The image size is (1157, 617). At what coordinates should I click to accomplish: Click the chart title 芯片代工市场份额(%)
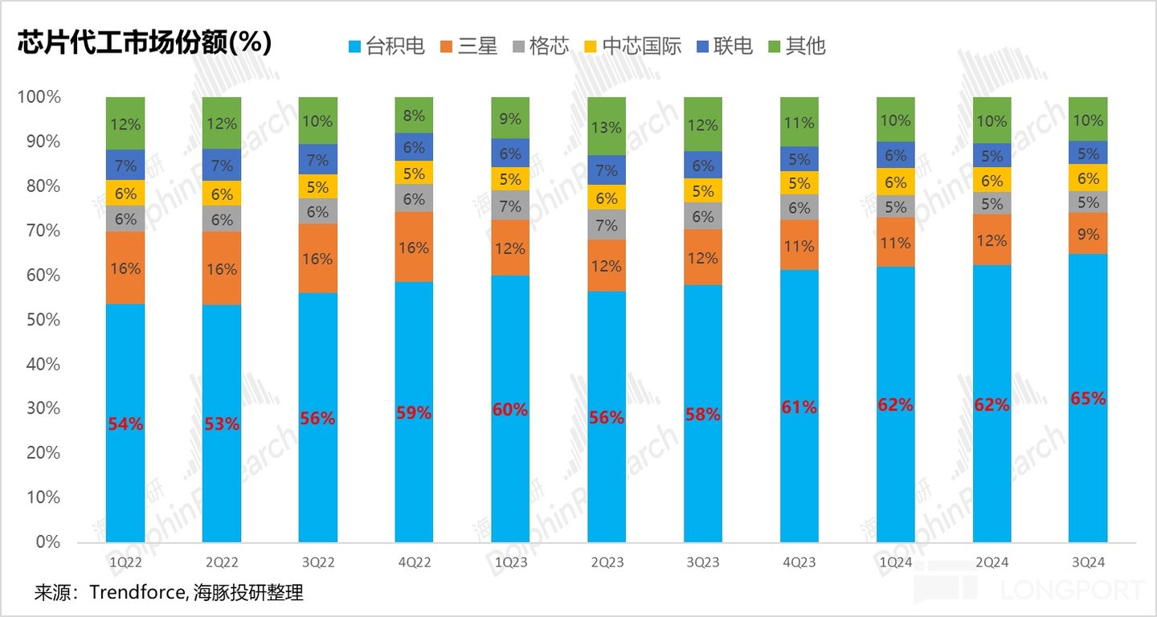click(x=145, y=43)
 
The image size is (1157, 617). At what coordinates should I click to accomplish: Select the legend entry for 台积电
click(x=386, y=46)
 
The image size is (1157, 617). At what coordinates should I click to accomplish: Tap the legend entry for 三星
click(x=468, y=46)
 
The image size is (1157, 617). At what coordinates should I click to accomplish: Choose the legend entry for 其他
click(x=796, y=46)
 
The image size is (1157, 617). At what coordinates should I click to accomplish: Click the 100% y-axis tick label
click(x=39, y=97)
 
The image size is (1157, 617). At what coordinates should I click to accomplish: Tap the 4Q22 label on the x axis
click(x=414, y=562)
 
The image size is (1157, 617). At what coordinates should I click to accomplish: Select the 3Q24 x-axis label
click(x=1088, y=562)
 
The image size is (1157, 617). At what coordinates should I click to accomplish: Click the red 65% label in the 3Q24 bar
click(x=1088, y=398)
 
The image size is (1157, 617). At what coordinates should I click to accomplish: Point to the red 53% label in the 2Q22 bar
click(x=221, y=423)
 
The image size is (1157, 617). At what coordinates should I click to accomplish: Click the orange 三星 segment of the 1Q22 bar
click(x=125, y=268)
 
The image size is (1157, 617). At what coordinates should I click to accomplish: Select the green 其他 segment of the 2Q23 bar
click(x=607, y=126)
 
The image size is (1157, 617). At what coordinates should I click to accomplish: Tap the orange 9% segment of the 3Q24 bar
click(x=1088, y=234)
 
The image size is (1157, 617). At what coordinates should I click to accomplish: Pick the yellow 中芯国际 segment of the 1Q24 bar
click(x=895, y=182)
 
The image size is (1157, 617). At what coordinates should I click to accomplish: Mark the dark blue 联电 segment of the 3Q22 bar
click(x=317, y=159)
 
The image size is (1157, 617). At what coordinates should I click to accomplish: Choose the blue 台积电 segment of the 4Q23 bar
click(x=799, y=406)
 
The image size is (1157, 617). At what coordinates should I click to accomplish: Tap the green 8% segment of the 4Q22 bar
click(x=414, y=115)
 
